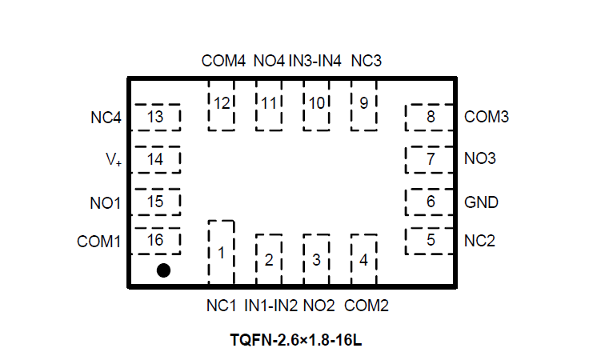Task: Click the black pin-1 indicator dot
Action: coord(163,270)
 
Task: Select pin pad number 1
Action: coord(221,253)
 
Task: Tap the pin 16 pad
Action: coord(156,240)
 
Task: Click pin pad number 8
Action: coord(431,117)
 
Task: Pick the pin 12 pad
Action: coord(221,104)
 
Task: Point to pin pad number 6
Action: coord(431,202)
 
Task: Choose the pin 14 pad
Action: coord(156,159)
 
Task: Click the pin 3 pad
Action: coord(316,259)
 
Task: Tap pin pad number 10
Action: coord(317,104)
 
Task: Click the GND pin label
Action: coord(481,202)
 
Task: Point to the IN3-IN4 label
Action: coord(315,61)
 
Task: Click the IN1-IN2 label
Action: coord(270,306)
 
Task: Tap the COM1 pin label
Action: coord(99,241)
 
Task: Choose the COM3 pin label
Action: coord(487,117)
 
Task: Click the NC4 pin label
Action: coord(106,118)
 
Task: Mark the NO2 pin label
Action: coord(319,306)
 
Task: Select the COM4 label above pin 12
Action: coord(223,61)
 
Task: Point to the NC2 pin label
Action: coord(479,240)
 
